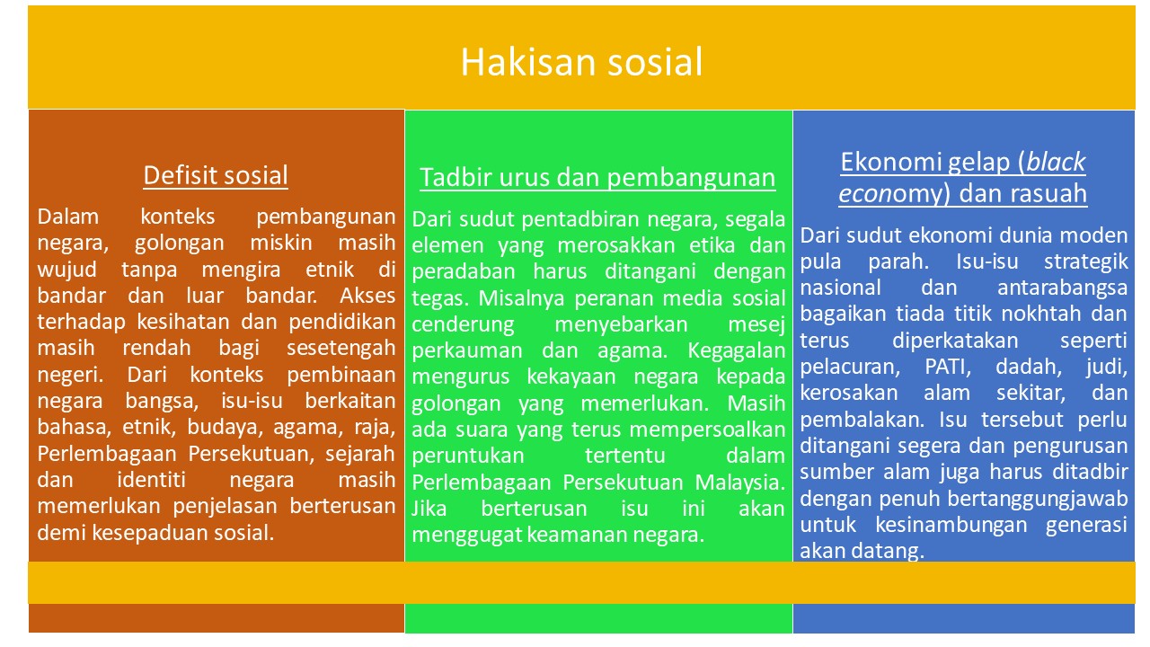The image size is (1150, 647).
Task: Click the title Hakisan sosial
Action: [581, 62]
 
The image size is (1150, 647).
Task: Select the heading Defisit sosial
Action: [215, 175]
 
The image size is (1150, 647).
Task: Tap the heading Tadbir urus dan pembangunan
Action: [597, 178]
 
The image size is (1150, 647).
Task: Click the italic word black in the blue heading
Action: [1056, 162]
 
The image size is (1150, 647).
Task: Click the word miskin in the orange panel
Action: [281, 243]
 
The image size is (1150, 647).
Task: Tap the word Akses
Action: [367, 296]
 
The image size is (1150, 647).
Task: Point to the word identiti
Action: [152, 480]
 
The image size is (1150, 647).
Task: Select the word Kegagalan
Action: [736, 350]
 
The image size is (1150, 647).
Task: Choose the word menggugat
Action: [466, 535]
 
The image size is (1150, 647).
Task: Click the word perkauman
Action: [466, 350]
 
